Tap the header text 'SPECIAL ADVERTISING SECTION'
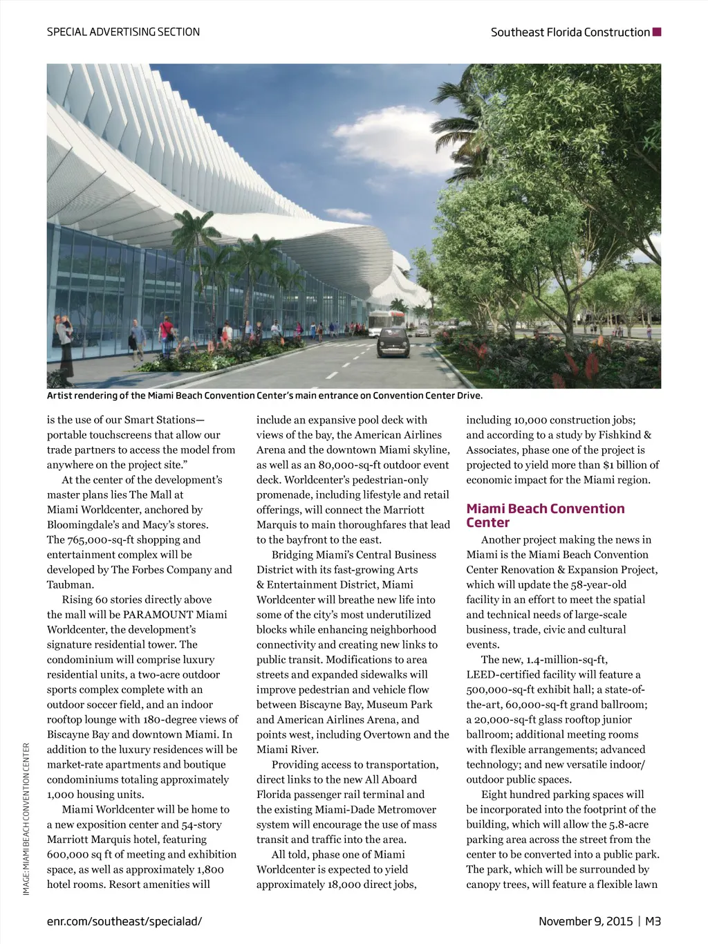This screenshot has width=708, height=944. [123, 32]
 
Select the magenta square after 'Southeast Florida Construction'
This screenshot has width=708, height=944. [657, 32]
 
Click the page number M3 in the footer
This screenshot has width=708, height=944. [653, 921]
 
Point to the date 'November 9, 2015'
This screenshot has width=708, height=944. [586, 921]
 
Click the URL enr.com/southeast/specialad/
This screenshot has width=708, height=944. [124, 921]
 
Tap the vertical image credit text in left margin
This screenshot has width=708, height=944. [26, 819]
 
